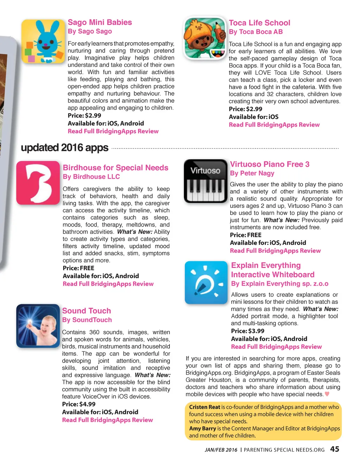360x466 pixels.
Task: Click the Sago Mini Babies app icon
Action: pos(43,41)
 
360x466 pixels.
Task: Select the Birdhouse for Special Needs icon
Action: pos(38,183)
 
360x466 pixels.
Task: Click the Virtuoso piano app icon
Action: pos(206,181)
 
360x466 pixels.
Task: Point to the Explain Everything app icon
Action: pos(206,282)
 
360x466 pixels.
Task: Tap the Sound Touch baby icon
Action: pos(38,326)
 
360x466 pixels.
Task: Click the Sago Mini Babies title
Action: pos(100,23)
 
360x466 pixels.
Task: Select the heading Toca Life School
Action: pos(259,23)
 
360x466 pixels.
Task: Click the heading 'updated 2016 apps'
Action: pos(65,148)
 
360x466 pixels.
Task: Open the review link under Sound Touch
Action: pos(108,420)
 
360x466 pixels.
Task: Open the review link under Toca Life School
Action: pos(274,125)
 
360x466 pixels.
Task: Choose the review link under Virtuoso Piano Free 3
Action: pos(275,251)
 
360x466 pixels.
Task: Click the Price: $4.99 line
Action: pos(79,404)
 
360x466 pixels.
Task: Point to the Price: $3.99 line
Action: pos(247,331)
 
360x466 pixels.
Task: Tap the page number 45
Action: pos(335,449)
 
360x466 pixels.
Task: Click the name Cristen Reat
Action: pos(204,407)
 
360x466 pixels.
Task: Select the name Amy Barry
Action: pos(202,428)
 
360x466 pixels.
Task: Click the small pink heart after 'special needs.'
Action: pos(327,394)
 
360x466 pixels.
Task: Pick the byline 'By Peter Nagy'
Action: pos(252,173)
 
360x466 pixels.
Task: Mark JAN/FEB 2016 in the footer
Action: pos(221,450)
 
